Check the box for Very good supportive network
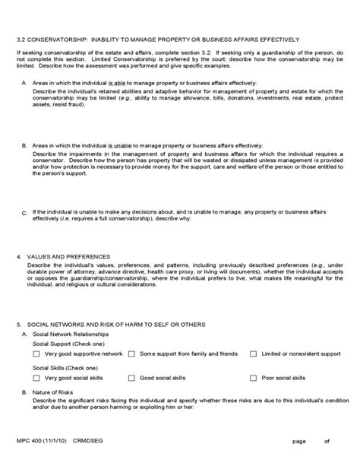click(37, 353)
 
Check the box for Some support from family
click(132, 353)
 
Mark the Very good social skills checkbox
click(37, 378)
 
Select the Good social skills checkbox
click(132, 378)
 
